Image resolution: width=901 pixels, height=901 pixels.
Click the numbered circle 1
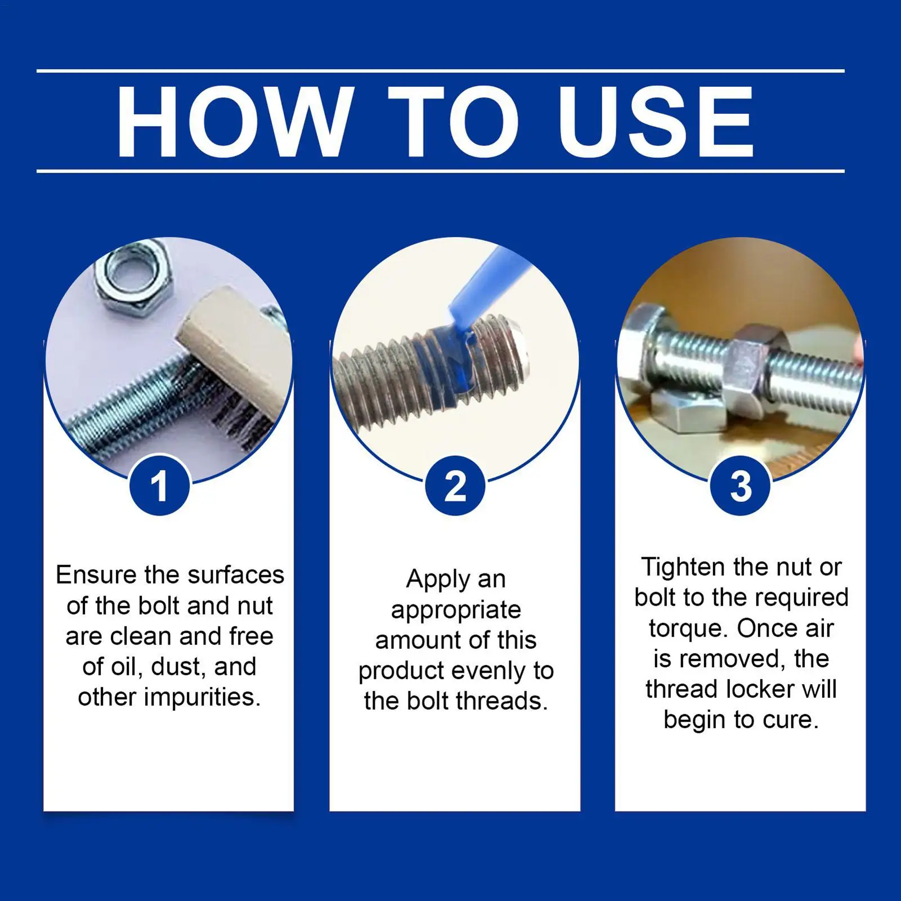[x=160, y=486]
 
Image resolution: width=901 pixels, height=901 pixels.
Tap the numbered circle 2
[x=455, y=486]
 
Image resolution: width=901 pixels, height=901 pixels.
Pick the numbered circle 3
[x=741, y=486]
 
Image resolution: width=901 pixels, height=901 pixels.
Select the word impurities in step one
[x=203, y=698]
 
